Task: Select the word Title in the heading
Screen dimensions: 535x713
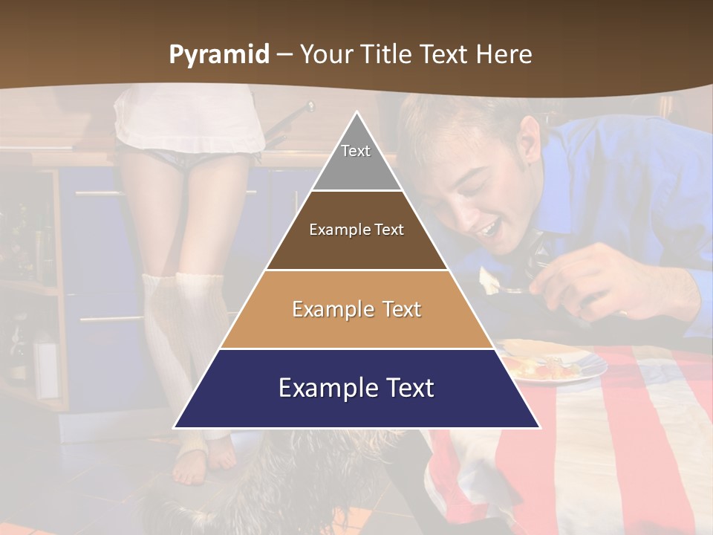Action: coord(389,55)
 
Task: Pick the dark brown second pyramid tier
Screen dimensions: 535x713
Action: coord(356,230)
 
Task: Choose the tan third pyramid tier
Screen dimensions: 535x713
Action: coord(356,309)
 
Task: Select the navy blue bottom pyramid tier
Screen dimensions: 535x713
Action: coord(356,389)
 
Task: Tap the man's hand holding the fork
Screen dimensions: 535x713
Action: coord(587,282)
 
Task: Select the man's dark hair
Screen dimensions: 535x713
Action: coord(460,119)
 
